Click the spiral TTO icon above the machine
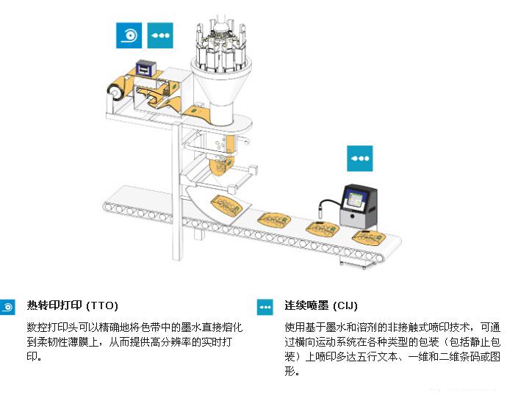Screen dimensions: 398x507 [129, 35]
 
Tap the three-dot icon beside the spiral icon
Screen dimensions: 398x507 [160, 35]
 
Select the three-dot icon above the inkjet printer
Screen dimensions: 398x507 [360, 158]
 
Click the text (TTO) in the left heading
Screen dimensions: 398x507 [102, 305]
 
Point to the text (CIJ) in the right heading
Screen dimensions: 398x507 [345, 305]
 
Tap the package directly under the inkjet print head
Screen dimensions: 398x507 [322, 229]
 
